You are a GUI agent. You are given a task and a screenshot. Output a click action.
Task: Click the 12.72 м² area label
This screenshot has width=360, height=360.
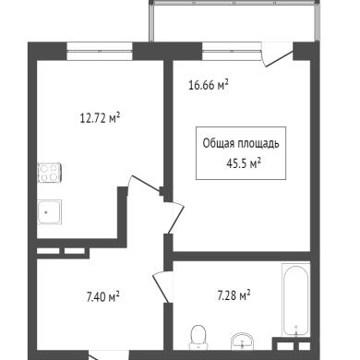(100, 118)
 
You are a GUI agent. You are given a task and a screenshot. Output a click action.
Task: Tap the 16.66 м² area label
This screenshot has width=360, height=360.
(209, 85)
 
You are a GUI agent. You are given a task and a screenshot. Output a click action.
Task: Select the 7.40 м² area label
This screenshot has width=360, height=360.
(103, 297)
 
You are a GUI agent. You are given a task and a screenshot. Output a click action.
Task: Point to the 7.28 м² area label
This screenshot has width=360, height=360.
(234, 295)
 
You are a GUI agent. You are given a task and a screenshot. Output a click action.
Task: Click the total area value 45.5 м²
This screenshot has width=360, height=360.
(244, 163)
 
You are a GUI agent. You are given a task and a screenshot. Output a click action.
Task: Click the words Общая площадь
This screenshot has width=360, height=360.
(241, 144)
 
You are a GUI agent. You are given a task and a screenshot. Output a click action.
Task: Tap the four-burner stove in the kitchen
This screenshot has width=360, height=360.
(50, 173)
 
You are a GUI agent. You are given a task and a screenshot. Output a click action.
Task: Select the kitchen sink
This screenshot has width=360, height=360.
(50, 211)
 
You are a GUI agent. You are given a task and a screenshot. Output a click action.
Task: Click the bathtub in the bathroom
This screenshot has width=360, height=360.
(295, 300)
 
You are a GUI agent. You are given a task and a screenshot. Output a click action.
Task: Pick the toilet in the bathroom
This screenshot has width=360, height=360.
(198, 337)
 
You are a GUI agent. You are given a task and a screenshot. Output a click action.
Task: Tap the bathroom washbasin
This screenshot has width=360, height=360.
(242, 342)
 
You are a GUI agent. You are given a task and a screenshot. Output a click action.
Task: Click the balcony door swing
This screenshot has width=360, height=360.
(276, 54)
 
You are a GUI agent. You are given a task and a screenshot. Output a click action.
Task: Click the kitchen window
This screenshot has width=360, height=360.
(100, 51)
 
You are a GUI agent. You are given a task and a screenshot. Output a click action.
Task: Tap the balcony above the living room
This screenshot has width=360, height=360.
(234, 21)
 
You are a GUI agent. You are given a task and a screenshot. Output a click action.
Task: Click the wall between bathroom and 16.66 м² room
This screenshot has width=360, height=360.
(242, 257)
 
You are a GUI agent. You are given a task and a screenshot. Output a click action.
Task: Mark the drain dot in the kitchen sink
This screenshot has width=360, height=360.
(46, 212)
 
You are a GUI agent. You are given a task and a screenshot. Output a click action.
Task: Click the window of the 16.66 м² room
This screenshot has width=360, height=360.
(232, 51)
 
